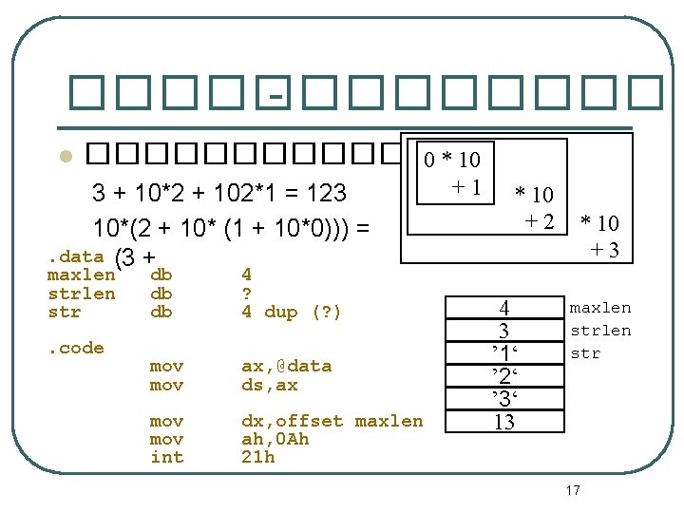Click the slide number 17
pyautogui.click(x=573, y=490)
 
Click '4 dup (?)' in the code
pyautogui.click(x=291, y=313)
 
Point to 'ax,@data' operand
pyautogui.click(x=286, y=367)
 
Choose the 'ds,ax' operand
pyautogui.click(x=270, y=385)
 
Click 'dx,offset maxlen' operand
pyautogui.click(x=332, y=421)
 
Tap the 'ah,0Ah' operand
pyautogui.click(x=275, y=439)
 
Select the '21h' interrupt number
pyautogui.click(x=258, y=457)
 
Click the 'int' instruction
pyautogui.click(x=166, y=457)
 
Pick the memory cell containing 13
pyautogui.click(x=504, y=422)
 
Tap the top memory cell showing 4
pyautogui.click(x=504, y=308)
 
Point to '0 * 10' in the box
pyautogui.click(x=452, y=159)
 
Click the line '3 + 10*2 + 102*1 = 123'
pyautogui.click(x=219, y=195)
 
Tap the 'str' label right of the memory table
pyautogui.click(x=585, y=353)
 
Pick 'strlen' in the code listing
pyautogui.click(x=82, y=294)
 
